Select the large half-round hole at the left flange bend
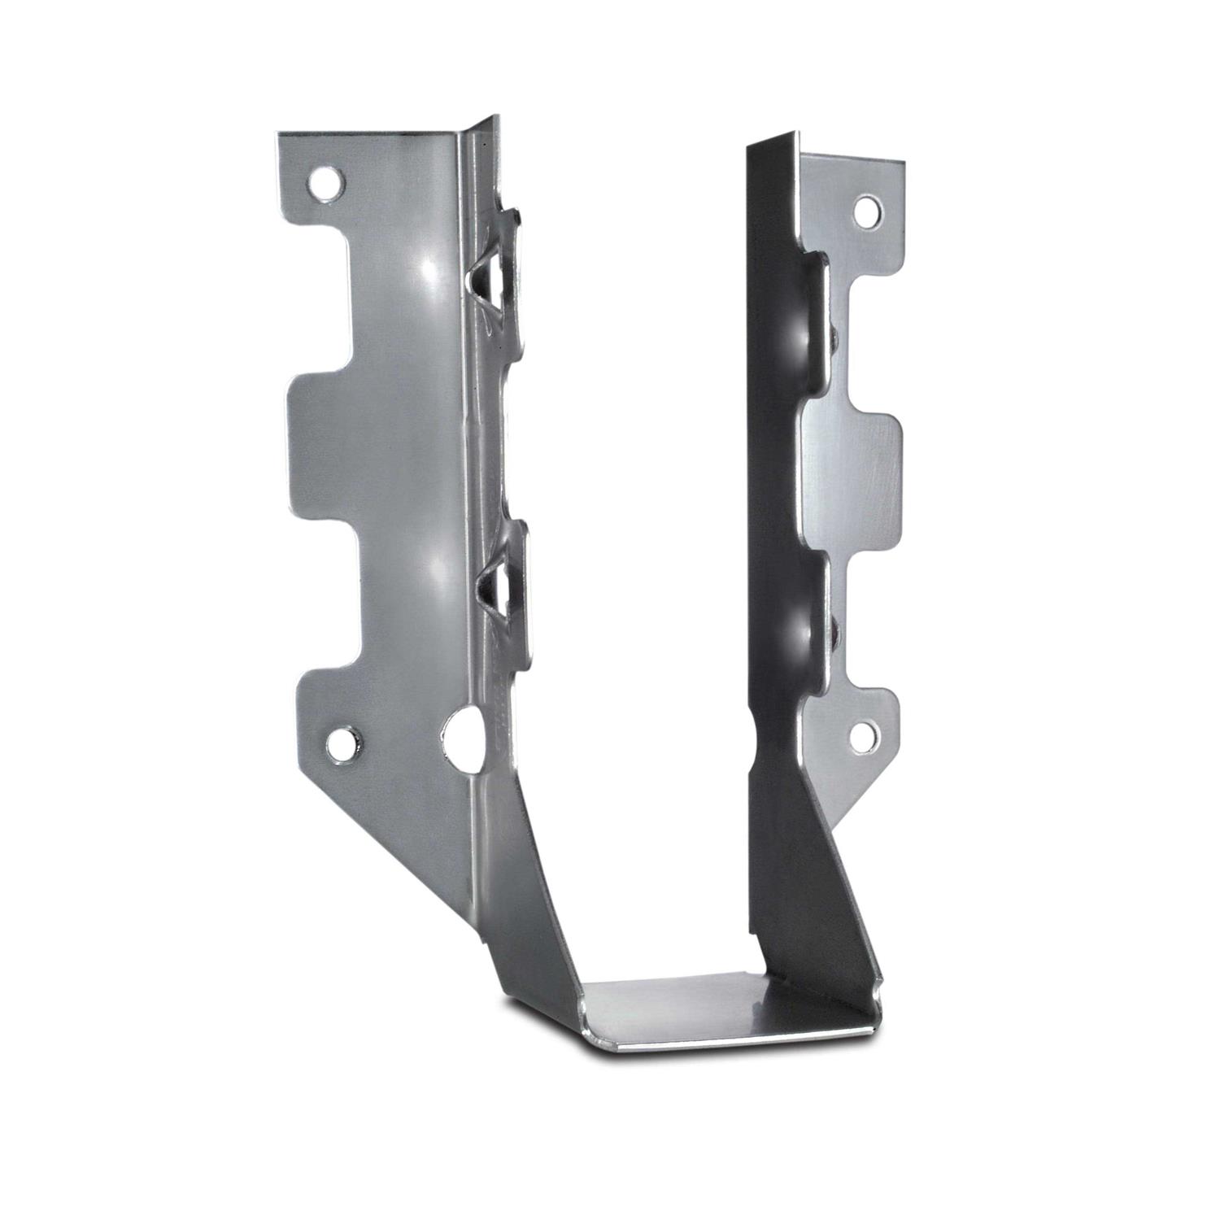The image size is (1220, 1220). [461, 731]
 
